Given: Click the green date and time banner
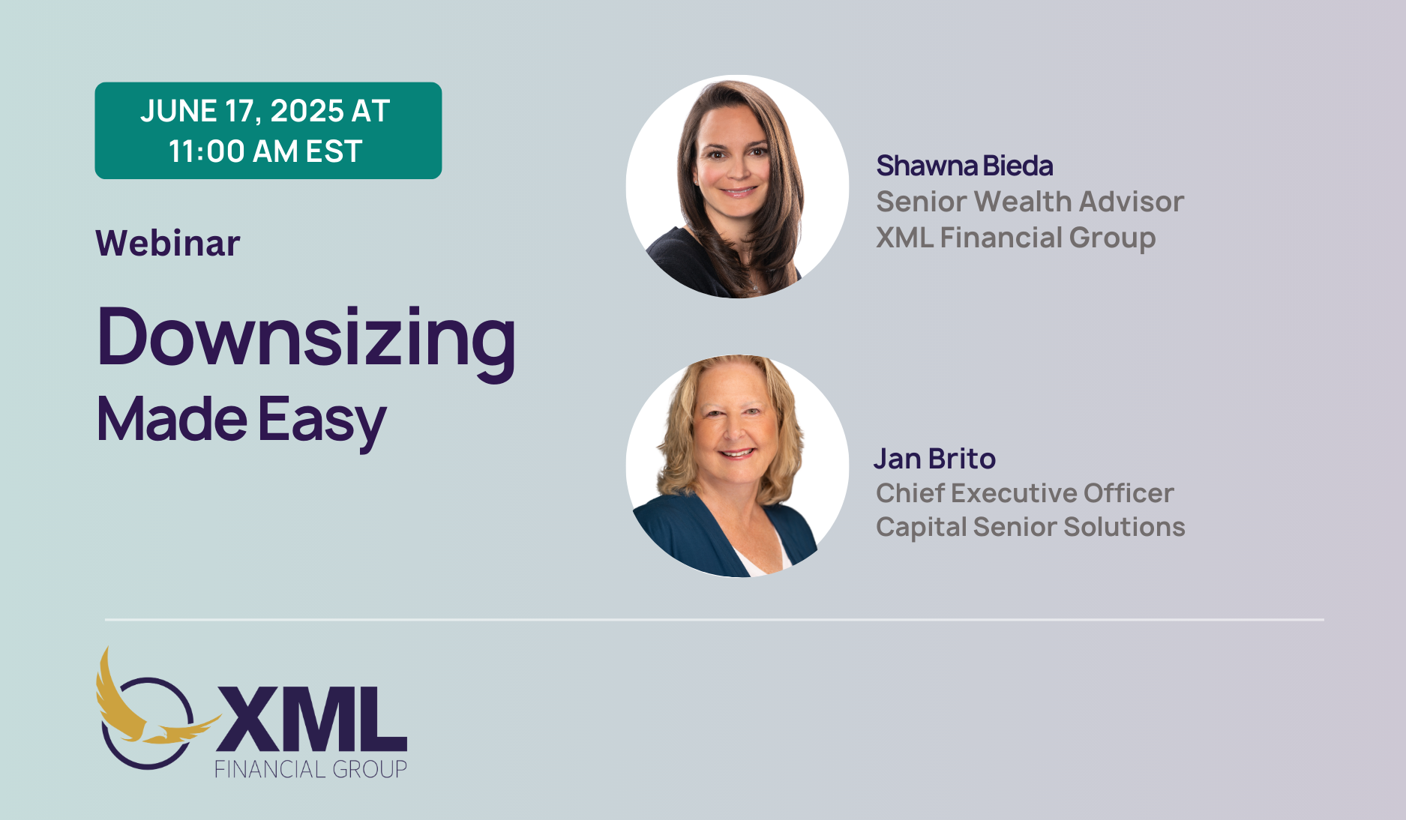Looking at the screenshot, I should tap(268, 130).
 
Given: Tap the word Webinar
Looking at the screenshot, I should tap(168, 244).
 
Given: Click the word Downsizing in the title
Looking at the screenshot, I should tap(307, 338).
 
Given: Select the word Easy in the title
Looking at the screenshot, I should tap(322, 420).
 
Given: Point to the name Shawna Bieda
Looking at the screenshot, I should tap(964, 166).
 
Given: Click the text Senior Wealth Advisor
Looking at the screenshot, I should tap(1030, 202).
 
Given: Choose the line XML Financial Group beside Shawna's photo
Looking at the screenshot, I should tap(1015, 238).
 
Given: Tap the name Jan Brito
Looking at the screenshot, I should tap(934, 459).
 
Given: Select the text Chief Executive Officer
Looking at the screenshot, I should tap(1024, 493).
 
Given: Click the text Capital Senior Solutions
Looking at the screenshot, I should tap(1030, 527).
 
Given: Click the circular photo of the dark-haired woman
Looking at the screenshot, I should tap(737, 187).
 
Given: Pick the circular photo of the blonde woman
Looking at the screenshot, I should tap(737, 466).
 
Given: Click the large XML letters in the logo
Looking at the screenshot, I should tap(311, 718).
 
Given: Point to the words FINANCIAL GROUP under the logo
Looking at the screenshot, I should tap(310, 770).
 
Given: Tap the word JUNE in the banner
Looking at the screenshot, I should tap(178, 111).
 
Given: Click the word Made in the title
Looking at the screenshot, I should tap(172, 419).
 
